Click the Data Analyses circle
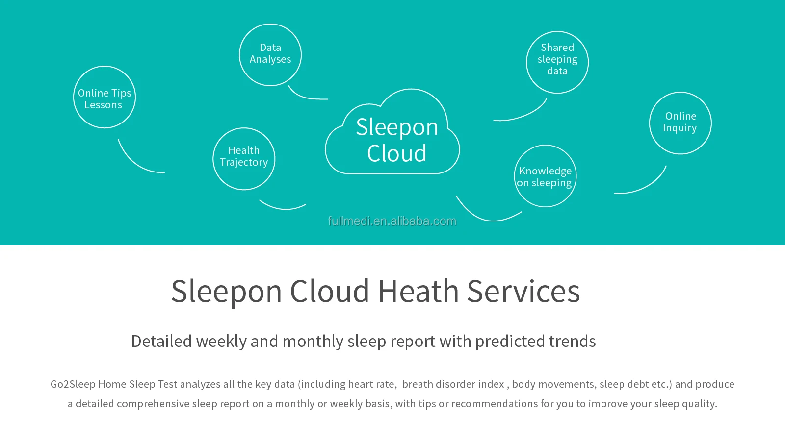[x=270, y=54]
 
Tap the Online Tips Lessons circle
[x=105, y=98]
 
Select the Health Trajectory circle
[x=244, y=158]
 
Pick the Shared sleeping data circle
[x=557, y=62]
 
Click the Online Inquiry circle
[x=680, y=122]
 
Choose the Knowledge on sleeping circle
[x=545, y=176]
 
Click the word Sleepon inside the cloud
[x=396, y=127]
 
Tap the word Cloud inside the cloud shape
[x=396, y=153]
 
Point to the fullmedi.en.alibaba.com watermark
[x=392, y=221]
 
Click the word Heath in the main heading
[x=418, y=291]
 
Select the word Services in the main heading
[x=523, y=291]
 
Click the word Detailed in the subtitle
[x=161, y=341]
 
